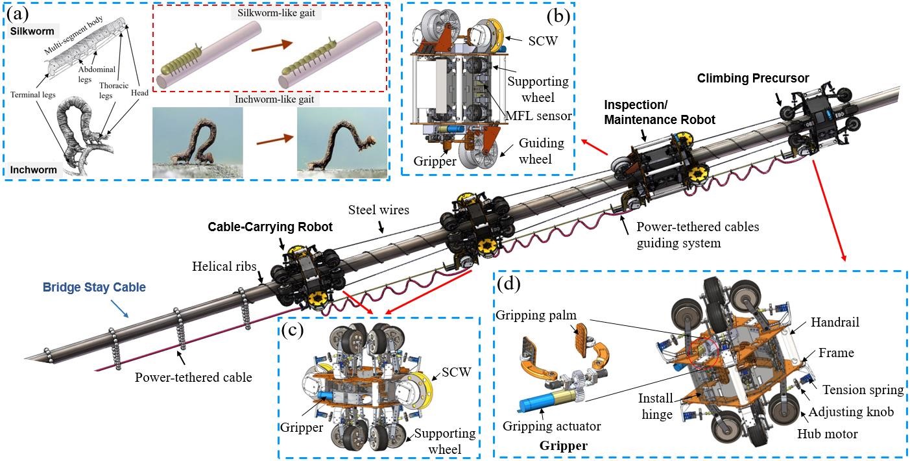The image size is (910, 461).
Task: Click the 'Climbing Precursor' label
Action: click(x=753, y=78)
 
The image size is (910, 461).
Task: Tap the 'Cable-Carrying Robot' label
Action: click(x=270, y=227)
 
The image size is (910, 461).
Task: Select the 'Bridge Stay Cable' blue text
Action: click(x=94, y=287)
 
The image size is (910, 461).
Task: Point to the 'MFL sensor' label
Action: click(x=539, y=116)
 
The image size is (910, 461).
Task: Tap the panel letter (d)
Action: click(x=509, y=283)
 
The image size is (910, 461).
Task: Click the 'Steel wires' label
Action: click(x=379, y=210)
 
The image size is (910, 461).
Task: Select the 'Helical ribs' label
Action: click(x=224, y=266)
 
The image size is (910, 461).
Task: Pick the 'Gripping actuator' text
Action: click(x=552, y=426)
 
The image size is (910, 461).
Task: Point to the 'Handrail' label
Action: click(x=835, y=322)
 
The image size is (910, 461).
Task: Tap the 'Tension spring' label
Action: click(x=863, y=390)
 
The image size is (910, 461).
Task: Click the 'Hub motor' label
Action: click(x=828, y=434)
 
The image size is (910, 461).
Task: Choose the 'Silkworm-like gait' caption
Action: click(x=276, y=12)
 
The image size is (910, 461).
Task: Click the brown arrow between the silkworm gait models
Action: click(x=272, y=45)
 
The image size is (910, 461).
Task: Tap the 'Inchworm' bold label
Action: click(x=33, y=169)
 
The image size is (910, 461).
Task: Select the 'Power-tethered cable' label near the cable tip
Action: click(x=193, y=377)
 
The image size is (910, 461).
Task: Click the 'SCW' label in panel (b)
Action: click(x=543, y=41)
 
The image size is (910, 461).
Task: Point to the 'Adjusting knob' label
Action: click(x=851, y=412)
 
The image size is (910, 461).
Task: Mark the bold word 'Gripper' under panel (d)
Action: click(x=564, y=446)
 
